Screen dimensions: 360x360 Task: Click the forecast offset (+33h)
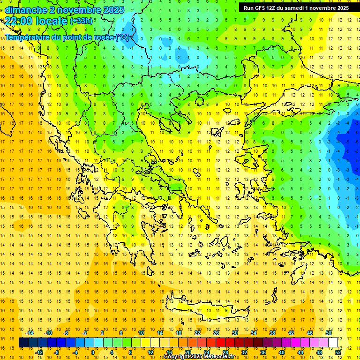82,21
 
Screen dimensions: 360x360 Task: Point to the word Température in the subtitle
29,37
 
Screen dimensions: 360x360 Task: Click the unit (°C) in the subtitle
122,37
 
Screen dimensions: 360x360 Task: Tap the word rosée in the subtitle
103,37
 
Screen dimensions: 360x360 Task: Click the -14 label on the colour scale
30,333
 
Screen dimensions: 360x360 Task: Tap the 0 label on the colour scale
92,352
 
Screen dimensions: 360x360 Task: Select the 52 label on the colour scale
338,352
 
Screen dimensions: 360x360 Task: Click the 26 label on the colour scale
216,333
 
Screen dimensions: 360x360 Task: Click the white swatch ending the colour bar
333,343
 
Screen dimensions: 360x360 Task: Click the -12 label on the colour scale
39,352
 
